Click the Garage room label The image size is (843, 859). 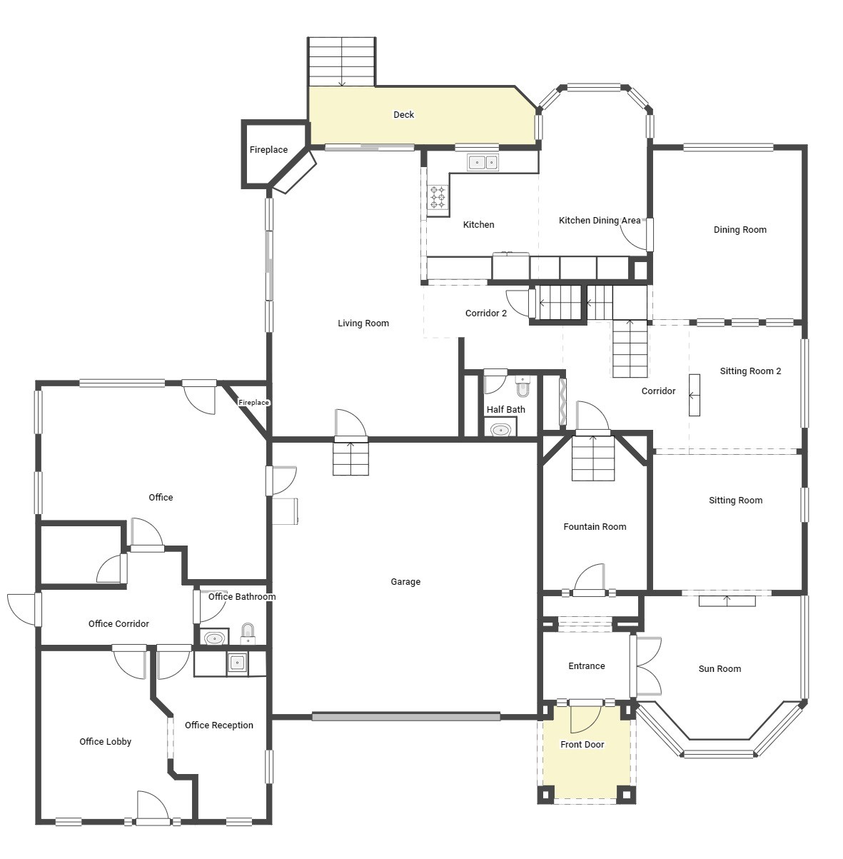[x=405, y=582]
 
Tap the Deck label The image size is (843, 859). [x=403, y=115]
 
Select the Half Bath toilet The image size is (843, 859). [x=523, y=387]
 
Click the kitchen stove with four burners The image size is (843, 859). [x=438, y=196]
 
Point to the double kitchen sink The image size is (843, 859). [x=483, y=163]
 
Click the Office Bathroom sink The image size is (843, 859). [x=213, y=638]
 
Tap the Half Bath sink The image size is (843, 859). [x=500, y=429]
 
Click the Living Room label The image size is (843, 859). [x=363, y=323]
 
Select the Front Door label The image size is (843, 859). [x=582, y=745]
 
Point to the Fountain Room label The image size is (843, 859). [x=595, y=527]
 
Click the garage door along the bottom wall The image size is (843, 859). [x=405, y=716]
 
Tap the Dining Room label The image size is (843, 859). [x=739, y=230]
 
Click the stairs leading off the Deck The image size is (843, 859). [x=341, y=61]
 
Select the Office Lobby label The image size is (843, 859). [x=105, y=742]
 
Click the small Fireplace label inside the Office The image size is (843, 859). [x=253, y=403]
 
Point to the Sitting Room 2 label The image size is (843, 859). [x=750, y=371]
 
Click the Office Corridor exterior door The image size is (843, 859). [x=24, y=609]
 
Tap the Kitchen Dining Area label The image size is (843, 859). [x=599, y=221]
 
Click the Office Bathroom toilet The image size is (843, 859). [x=248, y=632]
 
